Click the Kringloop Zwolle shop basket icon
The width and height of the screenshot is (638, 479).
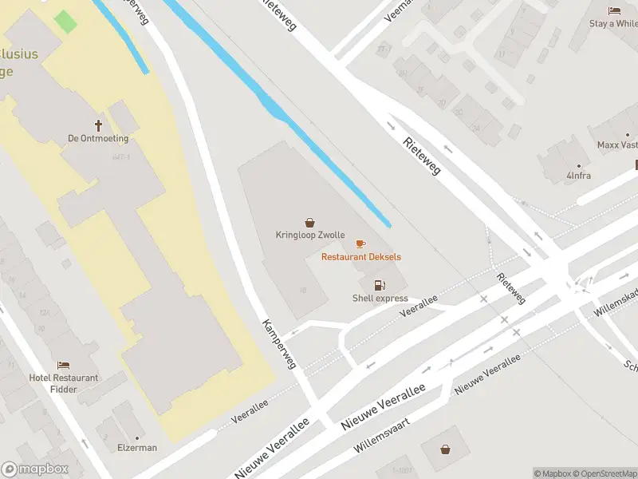click(309, 224)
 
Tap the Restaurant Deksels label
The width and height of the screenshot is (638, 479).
click(361, 257)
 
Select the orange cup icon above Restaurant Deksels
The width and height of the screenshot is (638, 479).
click(360, 243)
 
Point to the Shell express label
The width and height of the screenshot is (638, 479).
click(380, 299)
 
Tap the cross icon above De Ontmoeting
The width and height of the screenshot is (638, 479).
click(99, 125)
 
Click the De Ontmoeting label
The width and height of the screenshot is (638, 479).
click(99, 138)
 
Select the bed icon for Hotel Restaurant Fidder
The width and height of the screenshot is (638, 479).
click(64, 365)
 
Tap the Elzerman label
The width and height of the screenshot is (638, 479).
click(137, 448)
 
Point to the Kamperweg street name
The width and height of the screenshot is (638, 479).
click(279, 344)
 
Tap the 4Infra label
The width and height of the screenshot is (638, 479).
click(579, 176)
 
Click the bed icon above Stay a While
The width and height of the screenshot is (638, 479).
click(614, 10)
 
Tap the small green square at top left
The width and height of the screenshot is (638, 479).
click(66, 22)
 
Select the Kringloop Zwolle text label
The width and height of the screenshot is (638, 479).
click(310, 236)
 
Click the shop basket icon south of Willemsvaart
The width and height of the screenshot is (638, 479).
click(445, 449)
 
